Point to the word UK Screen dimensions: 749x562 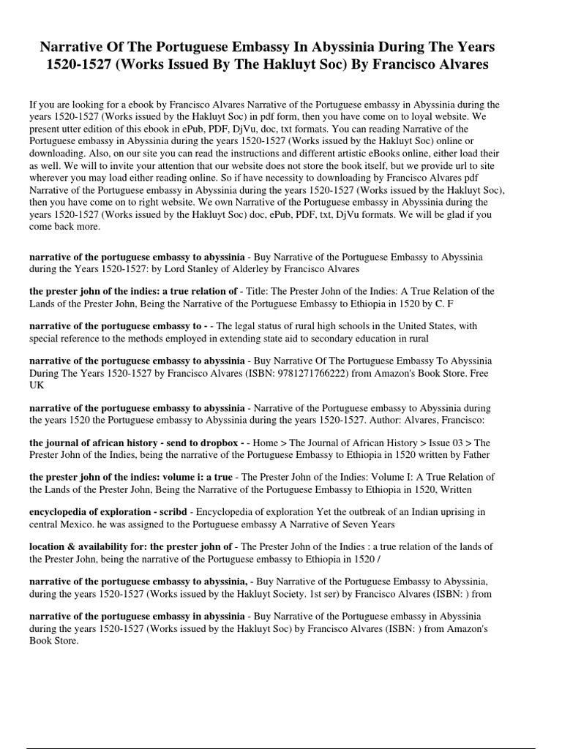tap(37, 385)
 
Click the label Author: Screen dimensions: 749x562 tap(372, 420)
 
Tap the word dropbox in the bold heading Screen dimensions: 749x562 tap(217, 443)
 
